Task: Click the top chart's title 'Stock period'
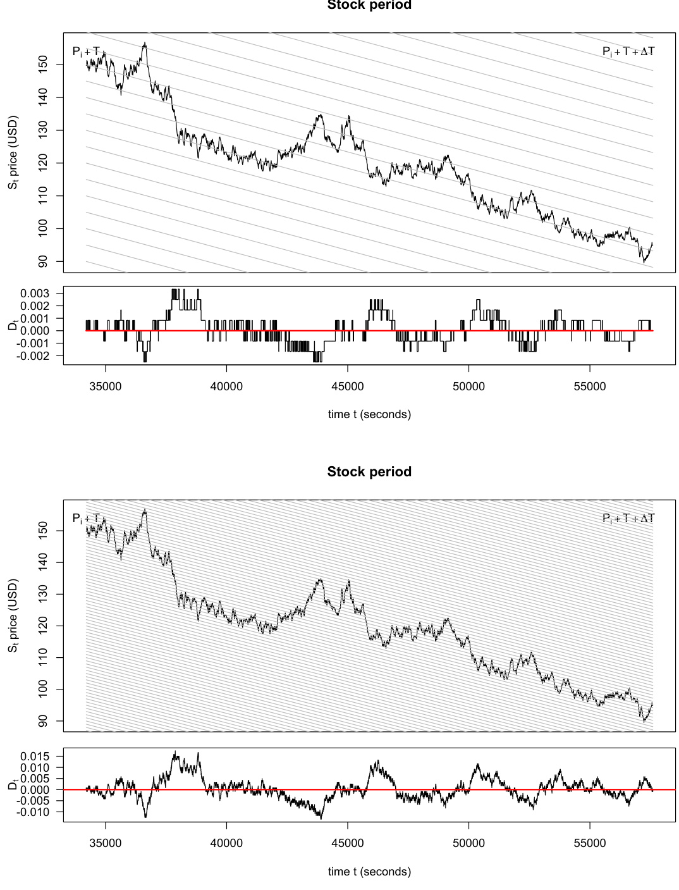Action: [x=369, y=5]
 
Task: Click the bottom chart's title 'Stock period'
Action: [x=369, y=472]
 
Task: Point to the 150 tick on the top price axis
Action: [x=43, y=65]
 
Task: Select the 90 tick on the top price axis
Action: [x=43, y=261]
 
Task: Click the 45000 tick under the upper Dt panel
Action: [x=348, y=386]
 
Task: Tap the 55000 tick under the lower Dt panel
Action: [x=590, y=843]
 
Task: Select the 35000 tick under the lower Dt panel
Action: [x=105, y=843]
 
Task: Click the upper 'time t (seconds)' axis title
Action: [x=369, y=414]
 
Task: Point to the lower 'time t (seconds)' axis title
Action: [x=369, y=872]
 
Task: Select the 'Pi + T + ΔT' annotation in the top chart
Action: [x=628, y=51]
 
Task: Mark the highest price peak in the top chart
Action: [x=145, y=43]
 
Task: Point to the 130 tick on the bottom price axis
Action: [x=43, y=595]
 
